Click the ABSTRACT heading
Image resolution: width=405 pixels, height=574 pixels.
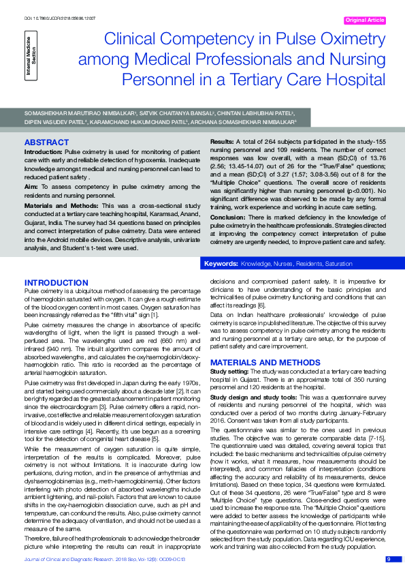point(46,142)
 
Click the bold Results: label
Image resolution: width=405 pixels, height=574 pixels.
point(225,141)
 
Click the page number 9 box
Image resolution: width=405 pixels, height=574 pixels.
point(389,559)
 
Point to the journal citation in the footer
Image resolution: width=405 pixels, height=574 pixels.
point(106,560)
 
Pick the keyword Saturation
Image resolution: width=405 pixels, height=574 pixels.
point(338,263)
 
